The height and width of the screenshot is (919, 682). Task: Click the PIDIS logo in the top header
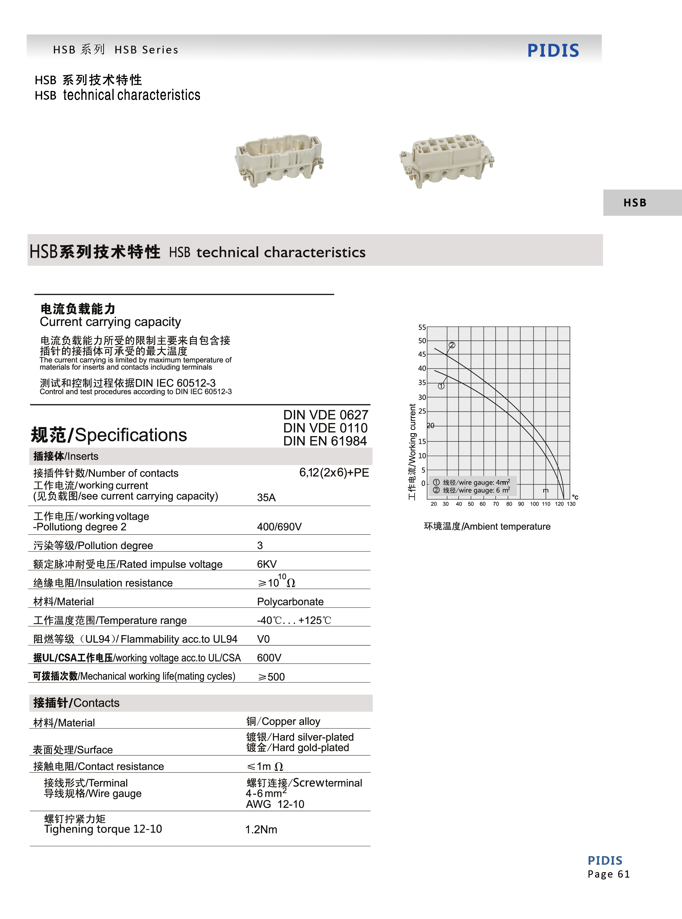tap(553, 50)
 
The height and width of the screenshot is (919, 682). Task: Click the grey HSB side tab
tap(635, 203)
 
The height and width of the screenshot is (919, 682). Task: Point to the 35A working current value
tap(266, 498)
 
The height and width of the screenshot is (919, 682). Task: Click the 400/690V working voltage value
tap(279, 527)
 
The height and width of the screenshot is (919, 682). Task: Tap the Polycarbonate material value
tap(290, 602)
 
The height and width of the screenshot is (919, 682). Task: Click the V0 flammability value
tap(263, 639)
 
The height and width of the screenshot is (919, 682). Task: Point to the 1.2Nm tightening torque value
tap(261, 829)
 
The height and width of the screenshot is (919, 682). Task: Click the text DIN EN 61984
tap(325, 441)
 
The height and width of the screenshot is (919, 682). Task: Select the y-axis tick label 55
tap(422, 327)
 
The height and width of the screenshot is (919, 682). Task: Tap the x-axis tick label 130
tap(571, 504)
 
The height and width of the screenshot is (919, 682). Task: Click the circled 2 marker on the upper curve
tap(452, 345)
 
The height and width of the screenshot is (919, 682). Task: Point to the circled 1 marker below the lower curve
tap(441, 386)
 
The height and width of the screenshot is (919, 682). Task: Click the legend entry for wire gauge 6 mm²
tap(471, 490)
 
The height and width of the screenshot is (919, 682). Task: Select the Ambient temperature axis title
tap(487, 526)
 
